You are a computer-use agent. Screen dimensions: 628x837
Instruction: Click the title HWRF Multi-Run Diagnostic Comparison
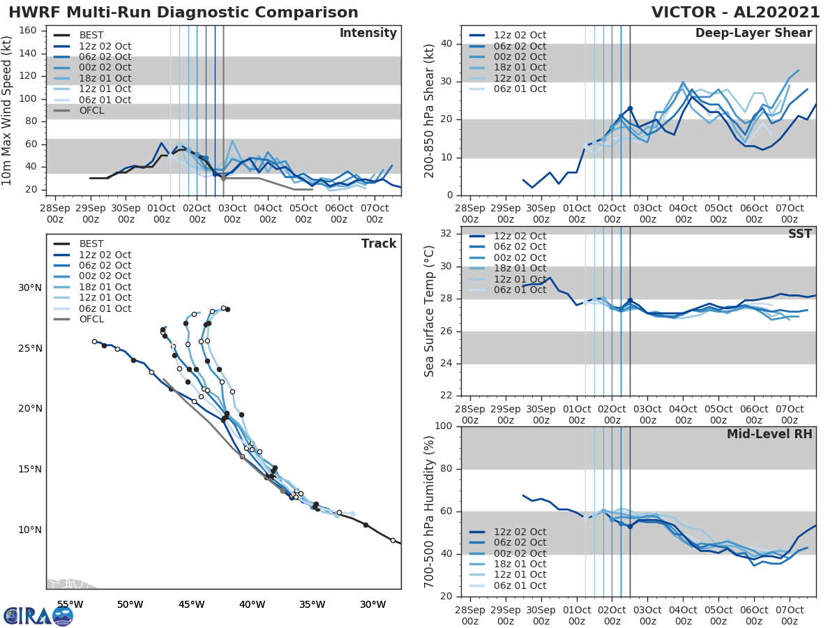point(183,13)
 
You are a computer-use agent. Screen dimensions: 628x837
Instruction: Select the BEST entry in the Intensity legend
point(91,35)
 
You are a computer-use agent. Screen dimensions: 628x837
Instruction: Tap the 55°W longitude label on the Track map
point(70,604)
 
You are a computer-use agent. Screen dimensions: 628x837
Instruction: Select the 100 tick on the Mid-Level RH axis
point(443,426)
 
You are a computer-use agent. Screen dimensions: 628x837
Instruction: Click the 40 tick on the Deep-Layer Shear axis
point(446,44)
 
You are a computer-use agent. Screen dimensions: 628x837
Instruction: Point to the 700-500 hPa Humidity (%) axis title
point(429,511)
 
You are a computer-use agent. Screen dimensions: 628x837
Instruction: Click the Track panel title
point(379,244)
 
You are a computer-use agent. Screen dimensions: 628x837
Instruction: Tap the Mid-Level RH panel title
point(769,435)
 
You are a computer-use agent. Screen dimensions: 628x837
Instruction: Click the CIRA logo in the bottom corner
point(38,615)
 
